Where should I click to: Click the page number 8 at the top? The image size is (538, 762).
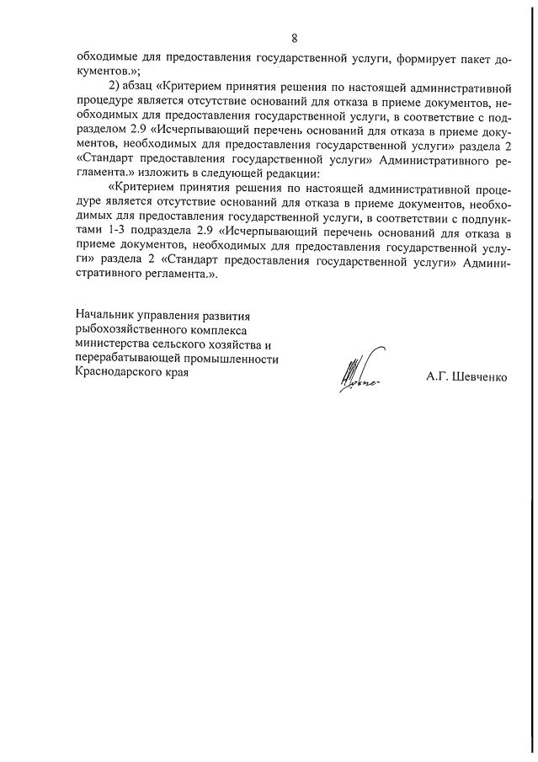click(x=294, y=38)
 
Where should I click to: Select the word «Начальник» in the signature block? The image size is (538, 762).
click(x=106, y=316)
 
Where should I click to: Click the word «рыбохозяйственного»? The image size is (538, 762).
click(x=131, y=330)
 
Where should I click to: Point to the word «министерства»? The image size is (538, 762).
click(x=114, y=344)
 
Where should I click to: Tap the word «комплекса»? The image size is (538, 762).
click(x=225, y=330)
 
